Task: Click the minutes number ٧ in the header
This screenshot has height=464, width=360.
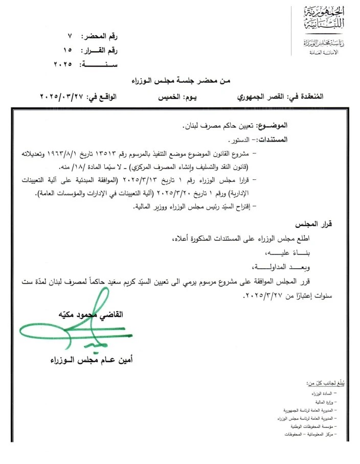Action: click(70, 36)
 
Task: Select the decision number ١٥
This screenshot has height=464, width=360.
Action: click(69, 50)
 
